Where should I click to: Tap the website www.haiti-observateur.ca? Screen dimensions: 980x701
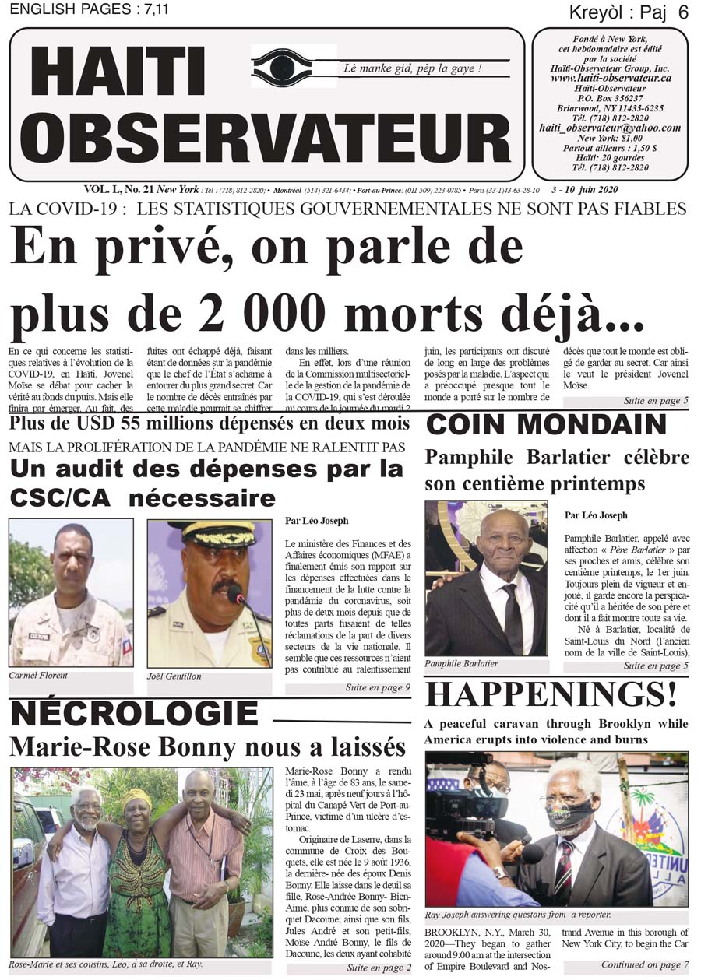point(611,78)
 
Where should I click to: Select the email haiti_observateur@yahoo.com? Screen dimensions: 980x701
point(611,128)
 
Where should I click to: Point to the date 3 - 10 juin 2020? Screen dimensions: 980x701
point(583,189)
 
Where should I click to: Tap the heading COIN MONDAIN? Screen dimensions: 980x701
point(546,425)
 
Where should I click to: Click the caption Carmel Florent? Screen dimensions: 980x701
point(38,676)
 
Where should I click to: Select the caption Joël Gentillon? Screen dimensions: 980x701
point(174,676)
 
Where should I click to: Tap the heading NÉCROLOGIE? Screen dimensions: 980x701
point(133,714)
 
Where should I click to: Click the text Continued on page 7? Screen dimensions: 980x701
point(644,965)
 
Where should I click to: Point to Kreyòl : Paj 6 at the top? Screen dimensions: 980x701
point(629,12)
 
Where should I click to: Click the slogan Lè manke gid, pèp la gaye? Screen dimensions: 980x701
point(413,68)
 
